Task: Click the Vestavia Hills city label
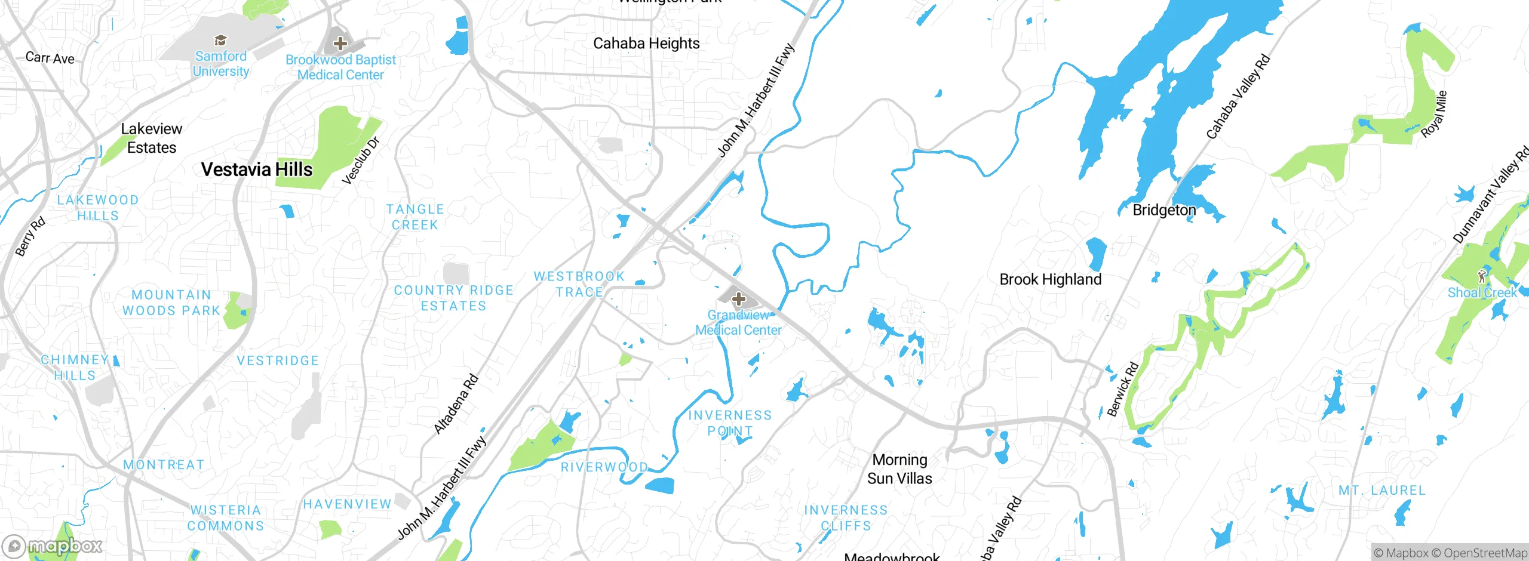[257, 169]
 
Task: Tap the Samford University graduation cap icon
[220, 41]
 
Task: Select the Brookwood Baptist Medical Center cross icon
[340, 43]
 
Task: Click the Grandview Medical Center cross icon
[739, 298]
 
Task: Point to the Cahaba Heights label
[646, 44]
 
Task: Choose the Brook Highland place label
[1050, 279]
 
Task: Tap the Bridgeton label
[1164, 210]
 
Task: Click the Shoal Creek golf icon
[1481, 276]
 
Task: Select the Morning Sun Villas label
[899, 469]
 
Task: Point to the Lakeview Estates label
[152, 138]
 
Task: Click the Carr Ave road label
[50, 58]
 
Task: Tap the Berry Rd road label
[30, 237]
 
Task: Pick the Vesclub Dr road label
[361, 161]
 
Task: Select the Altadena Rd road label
[456, 403]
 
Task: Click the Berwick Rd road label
[1123, 389]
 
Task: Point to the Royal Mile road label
[1434, 114]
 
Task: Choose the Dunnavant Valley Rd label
[1490, 195]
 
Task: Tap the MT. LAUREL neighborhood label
[1382, 491]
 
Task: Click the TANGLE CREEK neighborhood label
[415, 217]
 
